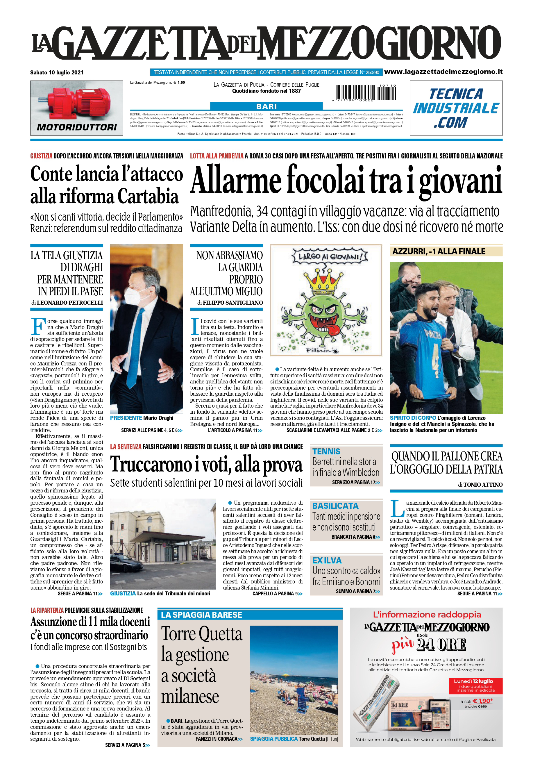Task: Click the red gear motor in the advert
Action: tap(77, 102)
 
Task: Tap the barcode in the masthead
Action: tap(366, 92)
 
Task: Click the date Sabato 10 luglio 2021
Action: tap(57, 72)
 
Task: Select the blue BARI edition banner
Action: tap(266, 106)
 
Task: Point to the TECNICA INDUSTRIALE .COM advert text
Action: tap(456, 108)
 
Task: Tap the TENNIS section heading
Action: tap(326, 452)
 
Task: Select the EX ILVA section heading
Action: tap(327, 560)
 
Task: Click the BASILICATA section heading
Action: tap(335, 506)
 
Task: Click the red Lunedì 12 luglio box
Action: tap(473, 685)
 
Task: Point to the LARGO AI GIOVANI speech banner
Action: tap(330, 257)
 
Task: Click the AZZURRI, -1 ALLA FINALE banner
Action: tap(439, 251)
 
